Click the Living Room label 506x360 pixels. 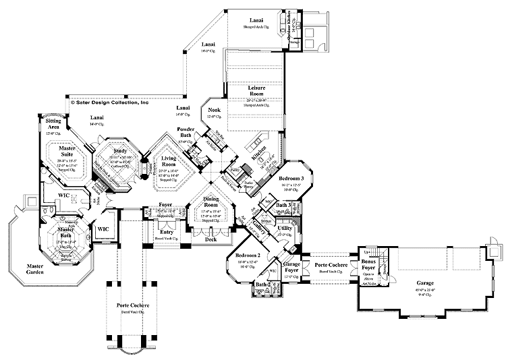point(168,160)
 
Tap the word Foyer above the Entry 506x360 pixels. point(165,203)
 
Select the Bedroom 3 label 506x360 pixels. point(293,178)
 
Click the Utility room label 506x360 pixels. point(285,229)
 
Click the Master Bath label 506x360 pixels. point(65,232)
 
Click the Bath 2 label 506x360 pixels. point(261,285)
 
